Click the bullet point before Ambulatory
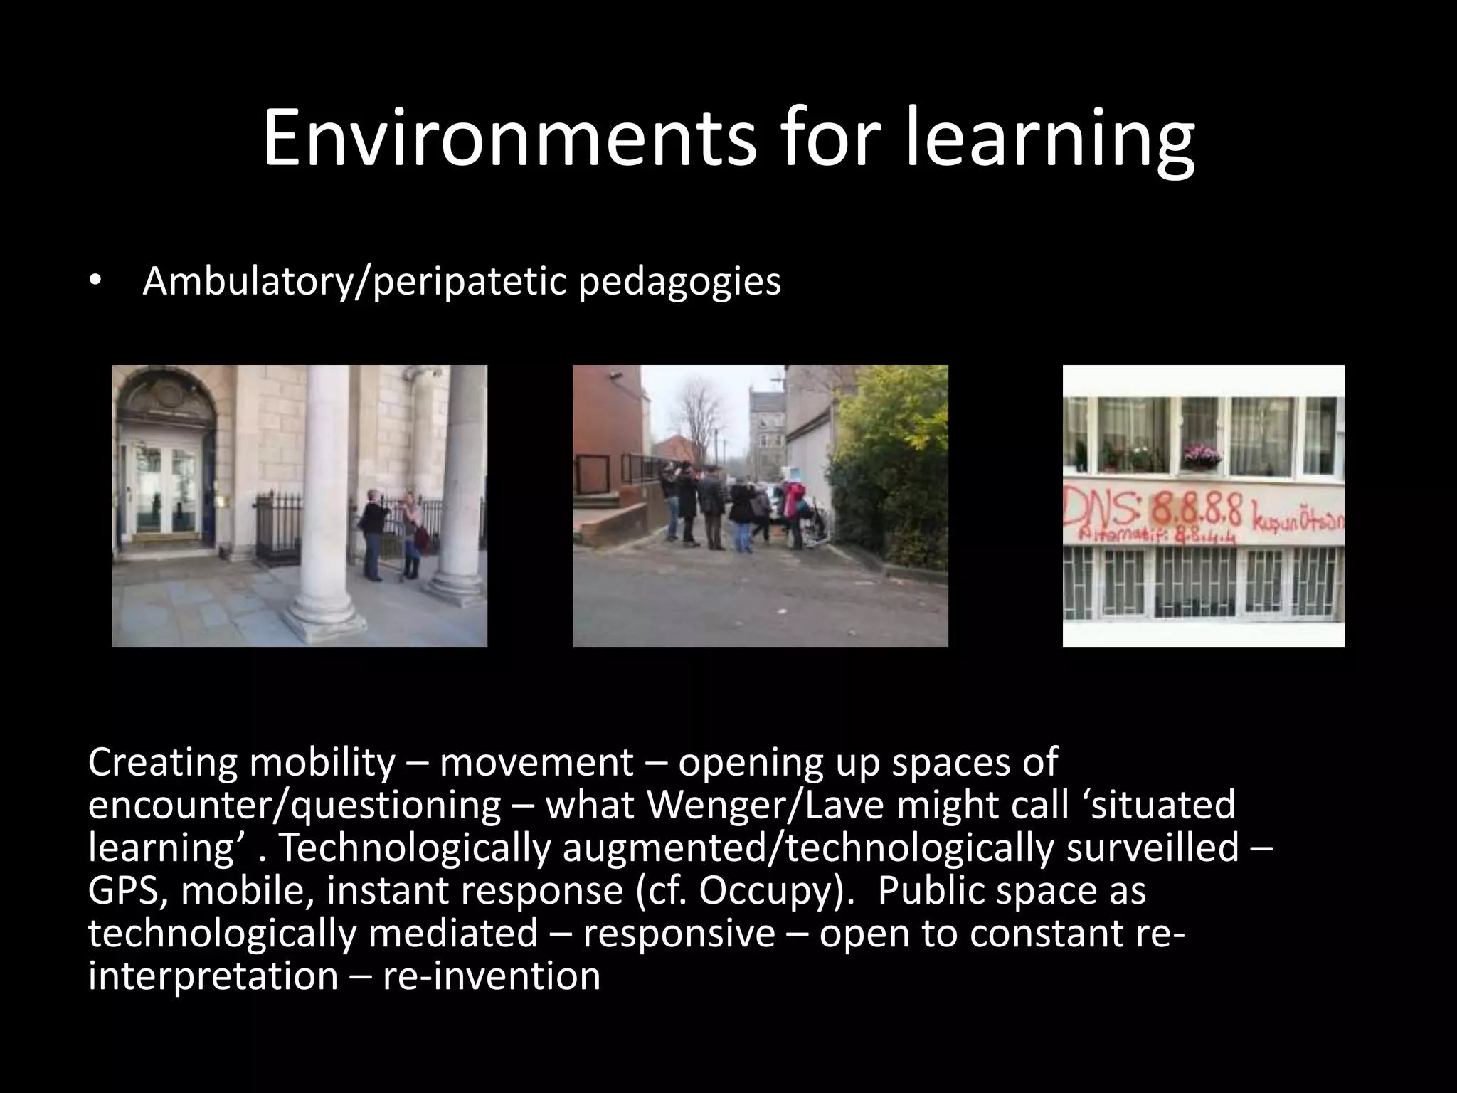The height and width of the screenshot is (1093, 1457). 95,282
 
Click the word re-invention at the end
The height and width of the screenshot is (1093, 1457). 492,976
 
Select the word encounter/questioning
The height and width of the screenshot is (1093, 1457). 295,805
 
